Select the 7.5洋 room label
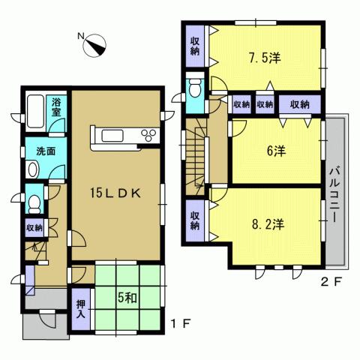pyautogui.click(x=264, y=58)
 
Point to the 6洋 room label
pyautogui.click(x=275, y=151)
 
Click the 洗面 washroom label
pyautogui.click(x=46, y=150)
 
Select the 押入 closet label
pyautogui.click(x=81, y=310)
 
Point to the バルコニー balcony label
pyautogui.click(x=334, y=190)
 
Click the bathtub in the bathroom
pyautogui.click(x=35, y=113)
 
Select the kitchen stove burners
pyautogui.click(x=148, y=135)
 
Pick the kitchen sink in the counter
pyautogui.click(x=115, y=136)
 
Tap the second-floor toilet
pyautogui.click(x=195, y=88)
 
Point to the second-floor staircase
pyautogui.click(x=198, y=154)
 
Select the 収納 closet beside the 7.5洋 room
pyautogui.click(x=195, y=46)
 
